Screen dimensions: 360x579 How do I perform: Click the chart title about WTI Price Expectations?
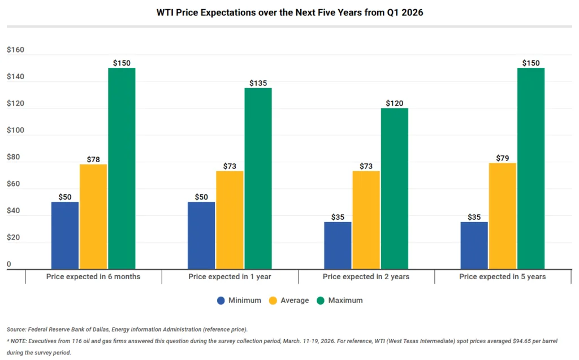tap(289, 12)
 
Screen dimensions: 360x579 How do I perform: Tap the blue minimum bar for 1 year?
tap(201, 235)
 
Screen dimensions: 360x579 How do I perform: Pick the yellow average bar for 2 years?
tap(366, 220)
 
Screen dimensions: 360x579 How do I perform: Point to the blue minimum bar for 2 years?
tap(338, 245)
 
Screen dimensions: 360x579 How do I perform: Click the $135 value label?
tap(258, 83)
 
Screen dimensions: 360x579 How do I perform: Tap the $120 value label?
tap(394, 103)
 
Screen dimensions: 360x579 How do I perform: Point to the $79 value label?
tap(502, 158)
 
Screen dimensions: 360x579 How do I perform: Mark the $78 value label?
tap(93, 159)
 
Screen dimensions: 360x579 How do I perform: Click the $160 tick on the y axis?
tap(15, 50)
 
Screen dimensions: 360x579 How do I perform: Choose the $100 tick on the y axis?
tap(15, 131)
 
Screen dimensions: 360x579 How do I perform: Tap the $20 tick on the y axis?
tap(13, 237)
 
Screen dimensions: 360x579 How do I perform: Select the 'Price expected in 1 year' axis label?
tap(230, 277)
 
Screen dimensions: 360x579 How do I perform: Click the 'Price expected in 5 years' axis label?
tap(502, 277)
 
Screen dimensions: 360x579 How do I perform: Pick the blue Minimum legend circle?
tap(221, 301)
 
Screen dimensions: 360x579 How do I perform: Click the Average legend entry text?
tap(295, 301)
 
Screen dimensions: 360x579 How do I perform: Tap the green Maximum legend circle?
tap(321, 301)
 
